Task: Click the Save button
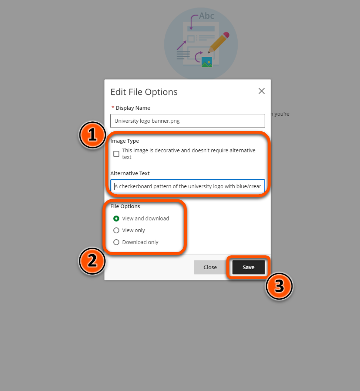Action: click(x=249, y=267)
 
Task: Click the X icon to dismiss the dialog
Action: click(x=262, y=91)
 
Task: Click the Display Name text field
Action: click(x=187, y=121)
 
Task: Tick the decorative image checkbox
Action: click(x=116, y=154)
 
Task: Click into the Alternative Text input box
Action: click(x=187, y=186)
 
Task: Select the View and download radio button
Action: click(x=116, y=218)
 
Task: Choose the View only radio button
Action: click(x=116, y=230)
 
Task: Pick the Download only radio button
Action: click(x=116, y=242)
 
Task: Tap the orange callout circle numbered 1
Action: click(x=92, y=135)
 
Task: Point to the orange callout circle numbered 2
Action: click(x=92, y=261)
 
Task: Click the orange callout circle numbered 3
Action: click(x=279, y=286)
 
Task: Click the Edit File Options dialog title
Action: click(x=144, y=92)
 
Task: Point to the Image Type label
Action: click(x=125, y=141)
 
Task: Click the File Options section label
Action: click(x=125, y=206)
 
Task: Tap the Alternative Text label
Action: click(x=130, y=173)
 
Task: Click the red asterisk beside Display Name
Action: click(x=113, y=107)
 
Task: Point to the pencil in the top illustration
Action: click(x=219, y=42)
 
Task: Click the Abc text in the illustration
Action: click(x=206, y=16)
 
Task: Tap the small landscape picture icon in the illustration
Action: click(x=207, y=62)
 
